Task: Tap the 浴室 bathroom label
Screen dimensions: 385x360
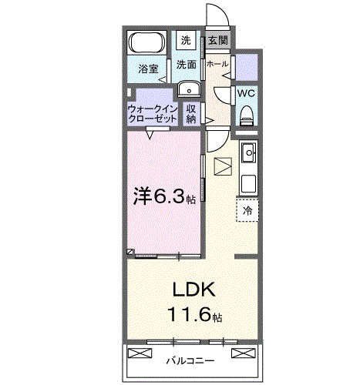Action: (148, 69)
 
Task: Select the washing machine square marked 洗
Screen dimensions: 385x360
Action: (187, 40)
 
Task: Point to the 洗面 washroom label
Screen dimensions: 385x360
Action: (186, 65)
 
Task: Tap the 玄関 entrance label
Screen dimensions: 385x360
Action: (216, 41)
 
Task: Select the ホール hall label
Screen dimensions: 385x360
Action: (217, 64)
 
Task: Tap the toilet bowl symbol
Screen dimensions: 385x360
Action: (247, 115)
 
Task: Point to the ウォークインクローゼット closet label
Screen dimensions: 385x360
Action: (152, 114)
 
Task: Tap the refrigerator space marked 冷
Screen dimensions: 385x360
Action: (247, 209)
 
